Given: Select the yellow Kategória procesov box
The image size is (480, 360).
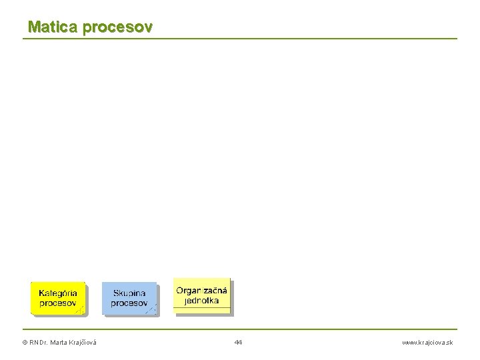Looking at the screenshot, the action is [x=58, y=298].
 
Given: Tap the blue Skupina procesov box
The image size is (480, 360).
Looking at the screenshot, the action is [x=129, y=298].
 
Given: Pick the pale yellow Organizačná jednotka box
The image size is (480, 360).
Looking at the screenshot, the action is [x=201, y=295].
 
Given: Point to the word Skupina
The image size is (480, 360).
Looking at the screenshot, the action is [x=129, y=293].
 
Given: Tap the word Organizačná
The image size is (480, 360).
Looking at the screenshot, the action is [x=201, y=290].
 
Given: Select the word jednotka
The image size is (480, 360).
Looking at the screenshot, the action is [x=201, y=301].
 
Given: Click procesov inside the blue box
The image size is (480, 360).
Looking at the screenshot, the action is [x=129, y=303].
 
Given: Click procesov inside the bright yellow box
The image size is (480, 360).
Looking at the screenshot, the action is [x=57, y=303].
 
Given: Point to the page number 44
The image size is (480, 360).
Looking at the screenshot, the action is [x=239, y=342].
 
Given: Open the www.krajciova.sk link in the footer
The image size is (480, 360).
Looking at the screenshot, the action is [x=427, y=342].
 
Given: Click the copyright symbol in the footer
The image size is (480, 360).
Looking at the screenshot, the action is [x=25, y=342].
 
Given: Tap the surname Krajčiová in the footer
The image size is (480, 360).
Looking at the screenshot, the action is [x=81, y=342].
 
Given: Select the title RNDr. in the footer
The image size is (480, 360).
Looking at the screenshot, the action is [x=39, y=342].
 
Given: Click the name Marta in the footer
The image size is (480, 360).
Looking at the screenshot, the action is [x=57, y=342].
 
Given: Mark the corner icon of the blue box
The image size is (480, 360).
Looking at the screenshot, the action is [x=151, y=309].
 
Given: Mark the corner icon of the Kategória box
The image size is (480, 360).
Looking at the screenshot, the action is [x=80, y=309].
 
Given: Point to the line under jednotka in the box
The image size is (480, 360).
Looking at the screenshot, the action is [x=201, y=307].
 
